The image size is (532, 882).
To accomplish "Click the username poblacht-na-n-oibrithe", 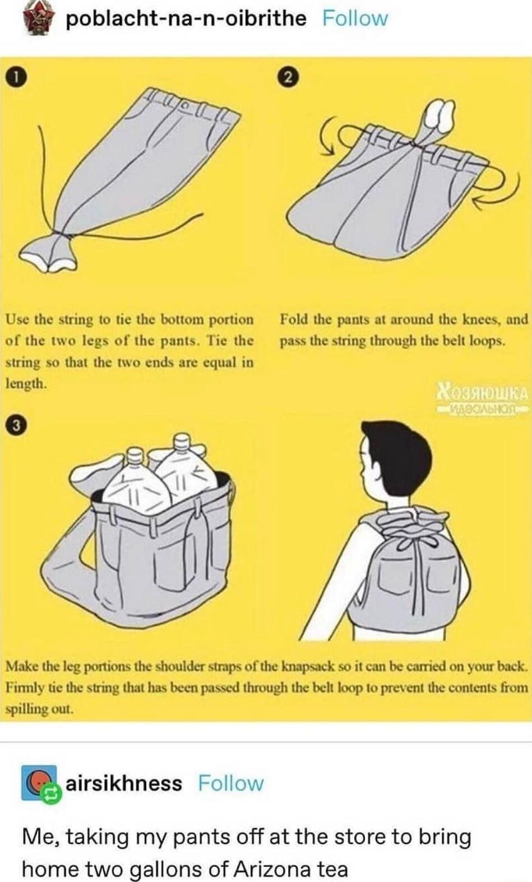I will pyautogui.click(x=186, y=18).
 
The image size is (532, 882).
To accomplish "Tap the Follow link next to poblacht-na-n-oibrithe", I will pyautogui.click(x=355, y=18).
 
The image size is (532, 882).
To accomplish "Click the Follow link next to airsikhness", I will pyautogui.click(x=230, y=782).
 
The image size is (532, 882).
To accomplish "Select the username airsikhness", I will pyautogui.click(x=124, y=782).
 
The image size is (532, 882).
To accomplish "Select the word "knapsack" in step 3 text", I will pyautogui.click(x=307, y=667).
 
